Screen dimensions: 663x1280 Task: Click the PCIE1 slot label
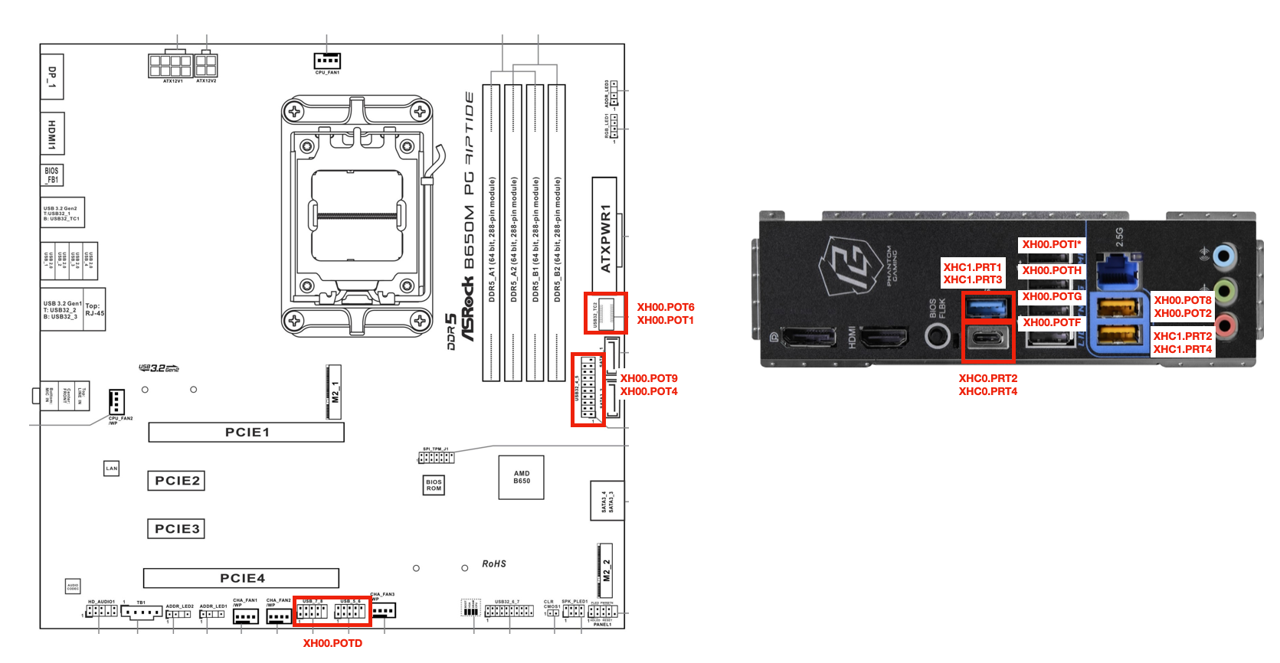click(247, 433)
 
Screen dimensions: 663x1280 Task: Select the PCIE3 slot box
click(176, 529)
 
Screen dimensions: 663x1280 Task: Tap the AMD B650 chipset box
click(521, 478)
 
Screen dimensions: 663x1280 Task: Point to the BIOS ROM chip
click(434, 485)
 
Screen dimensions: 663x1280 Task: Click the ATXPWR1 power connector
click(604, 237)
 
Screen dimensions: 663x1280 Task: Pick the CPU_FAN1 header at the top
click(327, 60)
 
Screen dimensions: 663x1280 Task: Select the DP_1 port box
click(52, 77)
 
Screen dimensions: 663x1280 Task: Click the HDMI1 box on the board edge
click(52, 134)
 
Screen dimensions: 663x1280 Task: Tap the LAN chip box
click(112, 469)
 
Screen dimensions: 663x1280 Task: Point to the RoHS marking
click(494, 564)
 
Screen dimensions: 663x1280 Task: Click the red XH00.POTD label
click(332, 643)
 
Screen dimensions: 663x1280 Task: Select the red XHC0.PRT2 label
click(988, 378)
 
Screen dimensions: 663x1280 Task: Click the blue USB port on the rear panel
click(987, 307)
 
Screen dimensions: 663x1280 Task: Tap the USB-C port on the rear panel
click(987, 337)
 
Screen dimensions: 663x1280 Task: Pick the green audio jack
click(1225, 291)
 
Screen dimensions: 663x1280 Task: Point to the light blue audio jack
click(1225, 256)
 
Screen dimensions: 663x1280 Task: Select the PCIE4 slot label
click(242, 578)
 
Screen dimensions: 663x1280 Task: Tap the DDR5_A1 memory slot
click(491, 233)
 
